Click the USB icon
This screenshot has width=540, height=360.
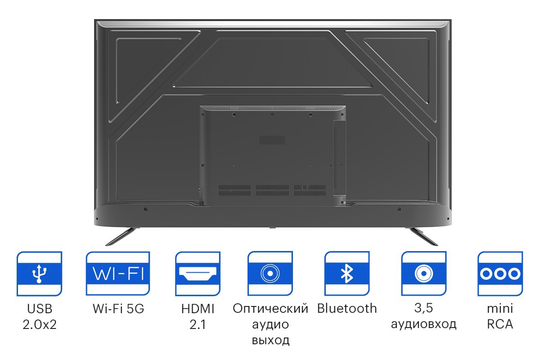(x=39, y=274)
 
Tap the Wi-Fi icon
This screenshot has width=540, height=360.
(x=118, y=274)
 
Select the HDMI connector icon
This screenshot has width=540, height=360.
(x=198, y=274)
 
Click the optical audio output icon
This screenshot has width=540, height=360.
(x=270, y=274)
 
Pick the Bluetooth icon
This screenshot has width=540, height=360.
(x=347, y=274)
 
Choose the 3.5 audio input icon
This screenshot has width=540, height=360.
(x=423, y=274)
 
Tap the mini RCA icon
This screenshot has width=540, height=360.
(x=500, y=274)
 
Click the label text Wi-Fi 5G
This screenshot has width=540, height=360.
(x=118, y=309)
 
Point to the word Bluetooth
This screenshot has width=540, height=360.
(x=347, y=308)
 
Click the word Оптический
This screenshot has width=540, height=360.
(x=270, y=309)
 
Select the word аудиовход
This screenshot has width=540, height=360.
(x=423, y=324)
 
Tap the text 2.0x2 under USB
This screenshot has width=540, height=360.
(x=40, y=324)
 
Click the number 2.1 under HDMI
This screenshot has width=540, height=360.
(x=198, y=324)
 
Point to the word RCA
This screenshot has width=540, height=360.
(x=500, y=324)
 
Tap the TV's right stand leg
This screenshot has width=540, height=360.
(x=422, y=236)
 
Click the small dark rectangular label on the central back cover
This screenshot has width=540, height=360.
(x=272, y=140)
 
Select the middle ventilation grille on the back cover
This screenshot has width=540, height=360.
(x=272, y=190)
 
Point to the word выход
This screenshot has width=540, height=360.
(x=270, y=340)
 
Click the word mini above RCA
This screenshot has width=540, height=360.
(x=500, y=309)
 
